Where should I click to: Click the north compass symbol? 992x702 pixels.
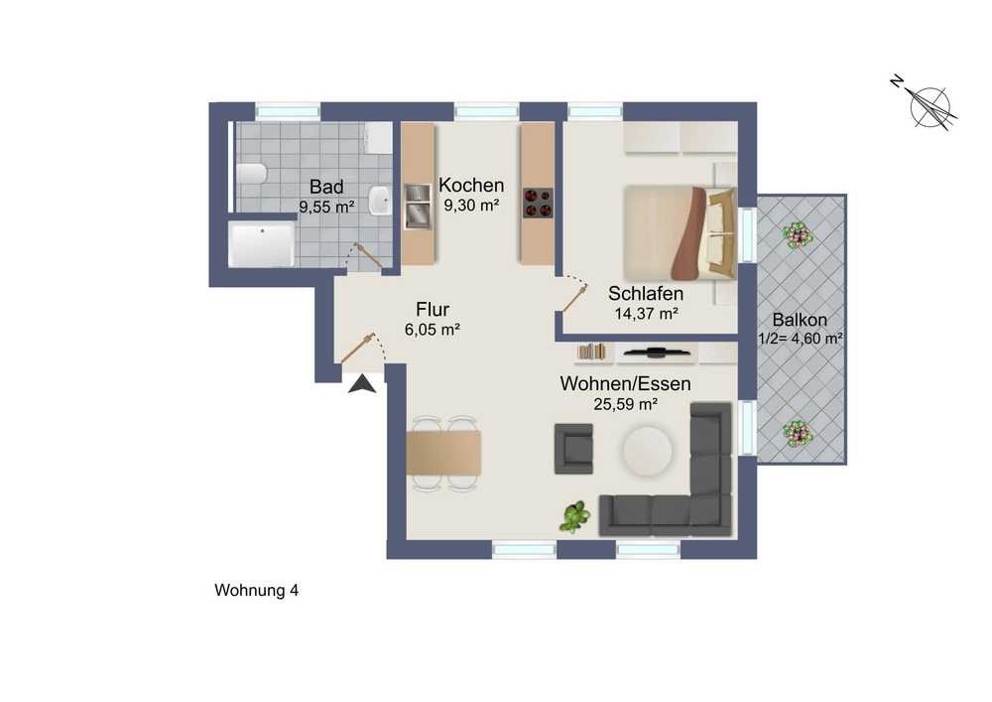pyautogui.click(x=928, y=104)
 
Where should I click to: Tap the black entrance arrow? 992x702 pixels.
pyautogui.click(x=362, y=384)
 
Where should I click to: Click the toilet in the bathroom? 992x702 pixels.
pyautogui.click(x=252, y=173)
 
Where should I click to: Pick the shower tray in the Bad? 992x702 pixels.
pyautogui.click(x=261, y=243)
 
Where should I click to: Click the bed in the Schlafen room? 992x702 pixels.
pyautogui.click(x=681, y=232)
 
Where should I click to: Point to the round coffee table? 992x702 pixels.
pyautogui.click(x=647, y=451)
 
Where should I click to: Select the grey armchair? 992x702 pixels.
pyautogui.click(x=573, y=449)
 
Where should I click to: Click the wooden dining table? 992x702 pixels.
pyautogui.click(x=443, y=453)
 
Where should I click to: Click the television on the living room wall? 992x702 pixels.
pyautogui.click(x=656, y=351)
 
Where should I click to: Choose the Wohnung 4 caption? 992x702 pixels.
pyautogui.click(x=256, y=591)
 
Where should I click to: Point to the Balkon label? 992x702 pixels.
pyautogui.click(x=800, y=320)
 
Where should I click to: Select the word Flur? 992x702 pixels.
pyautogui.click(x=433, y=310)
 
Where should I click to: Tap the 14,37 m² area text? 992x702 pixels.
pyautogui.click(x=647, y=314)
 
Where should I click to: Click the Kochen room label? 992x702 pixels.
pyautogui.click(x=471, y=186)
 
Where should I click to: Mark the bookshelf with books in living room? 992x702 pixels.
pyautogui.click(x=593, y=351)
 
